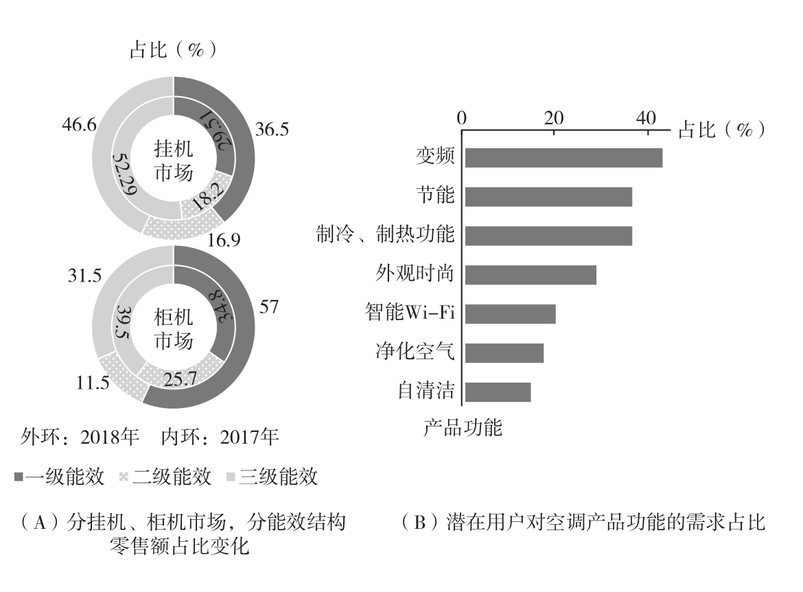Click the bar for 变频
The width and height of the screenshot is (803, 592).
[x=563, y=158]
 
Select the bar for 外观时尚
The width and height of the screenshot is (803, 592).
[x=531, y=275]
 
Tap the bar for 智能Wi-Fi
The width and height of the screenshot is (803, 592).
[x=510, y=314]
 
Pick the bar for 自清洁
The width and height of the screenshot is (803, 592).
[x=498, y=392]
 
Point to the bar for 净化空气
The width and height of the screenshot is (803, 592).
[x=504, y=353]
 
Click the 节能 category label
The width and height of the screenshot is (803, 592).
[x=435, y=196]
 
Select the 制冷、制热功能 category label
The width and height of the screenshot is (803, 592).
[x=385, y=235]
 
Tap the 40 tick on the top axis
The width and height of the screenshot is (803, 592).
[x=646, y=119]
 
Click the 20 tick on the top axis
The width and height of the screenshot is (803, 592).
[x=554, y=119]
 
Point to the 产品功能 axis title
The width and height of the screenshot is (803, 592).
[x=462, y=428]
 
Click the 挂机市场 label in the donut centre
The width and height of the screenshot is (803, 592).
[x=174, y=162]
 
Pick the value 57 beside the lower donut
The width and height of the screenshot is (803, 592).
[x=269, y=306]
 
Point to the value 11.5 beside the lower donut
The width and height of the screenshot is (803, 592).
[x=93, y=383]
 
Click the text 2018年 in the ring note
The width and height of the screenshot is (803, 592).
[x=110, y=436]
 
